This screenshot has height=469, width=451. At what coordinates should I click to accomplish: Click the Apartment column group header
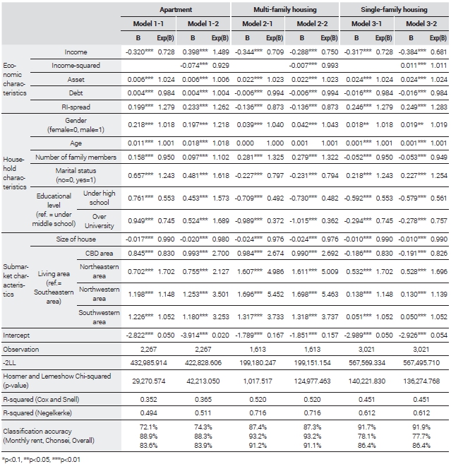tap(176, 10)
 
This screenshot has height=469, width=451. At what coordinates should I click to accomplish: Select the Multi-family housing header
tap(285, 10)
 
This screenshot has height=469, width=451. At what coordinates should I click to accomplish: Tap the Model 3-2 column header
tap(421, 23)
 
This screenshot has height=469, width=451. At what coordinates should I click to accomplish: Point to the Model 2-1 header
tap(258, 23)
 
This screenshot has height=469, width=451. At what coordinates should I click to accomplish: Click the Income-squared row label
tap(76, 66)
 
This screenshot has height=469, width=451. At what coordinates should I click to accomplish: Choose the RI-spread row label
tap(76, 107)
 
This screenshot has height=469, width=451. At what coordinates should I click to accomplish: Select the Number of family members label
tap(76, 157)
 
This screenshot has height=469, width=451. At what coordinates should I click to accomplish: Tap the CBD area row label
tap(99, 254)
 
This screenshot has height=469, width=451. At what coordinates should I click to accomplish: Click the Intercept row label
tap(16, 336)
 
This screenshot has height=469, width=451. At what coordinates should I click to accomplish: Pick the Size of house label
tap(76, 239)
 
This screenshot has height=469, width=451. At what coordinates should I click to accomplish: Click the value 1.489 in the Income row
tap(221, 52)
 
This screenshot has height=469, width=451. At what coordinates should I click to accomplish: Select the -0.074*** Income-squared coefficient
tap(193, 66)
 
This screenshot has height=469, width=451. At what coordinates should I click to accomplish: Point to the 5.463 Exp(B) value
tap(330, 295)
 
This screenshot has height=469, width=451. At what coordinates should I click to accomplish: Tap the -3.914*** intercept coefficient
tap(194, 336)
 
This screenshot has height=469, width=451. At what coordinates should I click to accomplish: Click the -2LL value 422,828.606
tap(203, 363)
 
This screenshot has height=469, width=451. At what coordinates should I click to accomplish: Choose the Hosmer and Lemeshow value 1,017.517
tap(258, 381)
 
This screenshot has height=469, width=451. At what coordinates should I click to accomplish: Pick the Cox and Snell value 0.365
tap(203, 399)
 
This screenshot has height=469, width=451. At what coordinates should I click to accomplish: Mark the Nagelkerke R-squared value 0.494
tap(148, 413)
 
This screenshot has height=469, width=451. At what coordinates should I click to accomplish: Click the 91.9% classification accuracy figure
tap(421, 427)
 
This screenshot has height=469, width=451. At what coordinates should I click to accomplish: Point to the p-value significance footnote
tap(41, 459)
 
